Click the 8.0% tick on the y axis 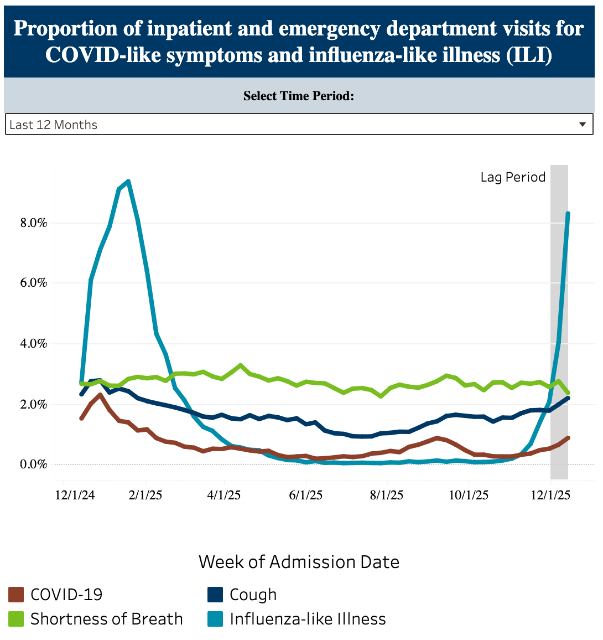pos(34,223)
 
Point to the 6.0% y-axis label pos(34,283)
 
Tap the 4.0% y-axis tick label pos(34,344)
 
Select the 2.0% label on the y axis pos(34,405)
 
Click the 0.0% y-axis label pos(34,464)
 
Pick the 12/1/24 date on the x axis pos(75,495)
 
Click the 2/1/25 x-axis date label pos(145,495)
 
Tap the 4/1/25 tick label pos(224,495)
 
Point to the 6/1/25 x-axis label pos(306,495)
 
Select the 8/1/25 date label pos(387,495)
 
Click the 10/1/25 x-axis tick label pos(469,495)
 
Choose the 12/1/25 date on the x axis pos(550,495)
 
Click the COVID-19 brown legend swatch pos(17,595)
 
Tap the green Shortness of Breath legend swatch pos(17,619)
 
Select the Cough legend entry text pos(253,595)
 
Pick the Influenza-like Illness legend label pos(308,619)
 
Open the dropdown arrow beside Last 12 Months pos(583,125)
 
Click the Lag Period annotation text pos(513,177)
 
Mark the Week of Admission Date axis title pos(299,562)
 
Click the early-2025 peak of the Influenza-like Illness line pos(128,181)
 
